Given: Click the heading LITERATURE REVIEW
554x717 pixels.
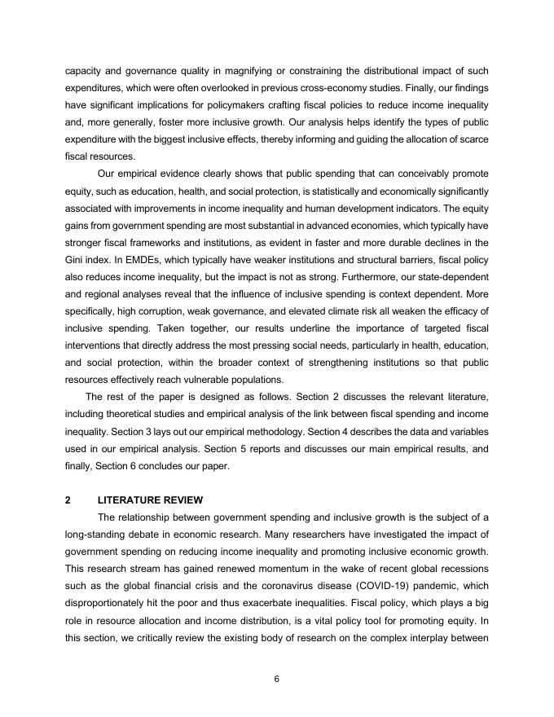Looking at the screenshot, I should point(150,499).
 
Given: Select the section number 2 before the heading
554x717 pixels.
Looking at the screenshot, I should point(68,499).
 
